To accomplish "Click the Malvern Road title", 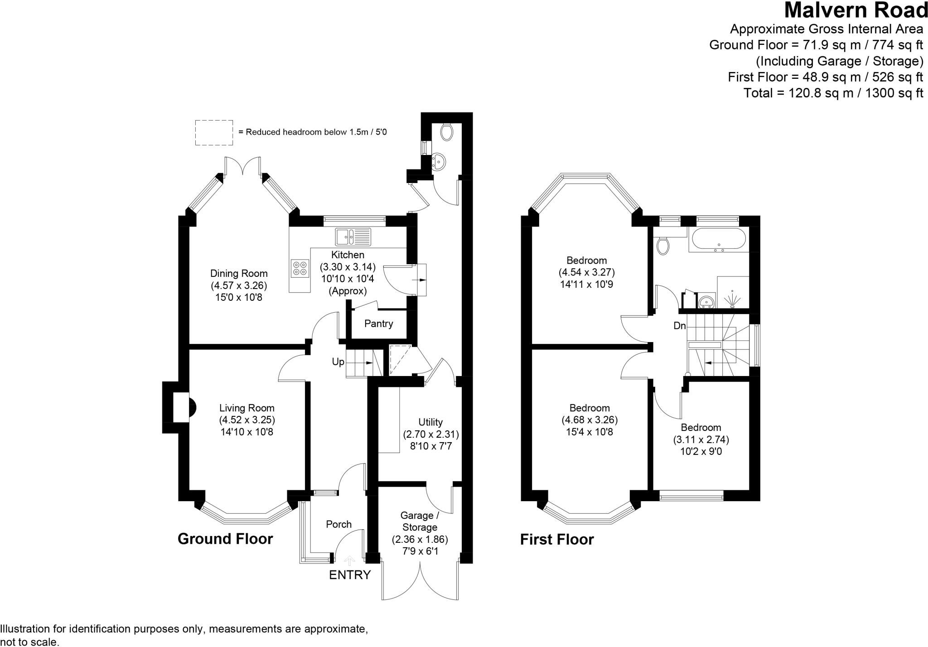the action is [855, 10].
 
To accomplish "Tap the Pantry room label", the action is [378, 323].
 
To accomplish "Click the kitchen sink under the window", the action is [353, 236].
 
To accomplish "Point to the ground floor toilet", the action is [446, 131].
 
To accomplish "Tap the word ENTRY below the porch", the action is [349, 575].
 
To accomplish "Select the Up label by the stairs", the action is [338, 362].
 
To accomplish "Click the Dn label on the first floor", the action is [679, 326].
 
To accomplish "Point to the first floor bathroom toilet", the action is [662, 245].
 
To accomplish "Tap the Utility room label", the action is [430, 422].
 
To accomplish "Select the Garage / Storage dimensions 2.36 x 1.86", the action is [420, 540].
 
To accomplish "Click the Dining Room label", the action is [239, 273].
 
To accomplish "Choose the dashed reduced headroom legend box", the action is [214, 133].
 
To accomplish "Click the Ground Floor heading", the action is [225, 539].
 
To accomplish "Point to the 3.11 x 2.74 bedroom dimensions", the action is [701, 439].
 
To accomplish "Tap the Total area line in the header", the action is [833, 93].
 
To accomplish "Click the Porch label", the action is [338, 524].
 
